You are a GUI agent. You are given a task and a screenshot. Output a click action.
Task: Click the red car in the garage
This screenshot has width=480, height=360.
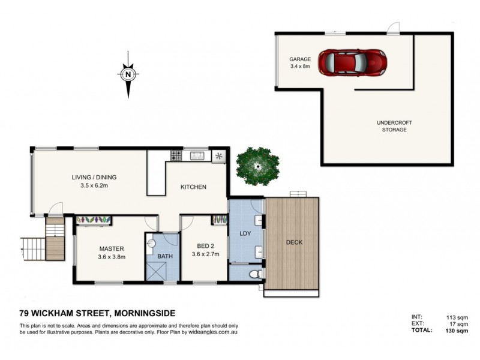click(352, 61)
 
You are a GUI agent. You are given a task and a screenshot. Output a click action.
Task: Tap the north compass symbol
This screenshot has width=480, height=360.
click(128, 75)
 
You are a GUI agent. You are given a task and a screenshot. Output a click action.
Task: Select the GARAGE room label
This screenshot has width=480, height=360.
click(300, 59)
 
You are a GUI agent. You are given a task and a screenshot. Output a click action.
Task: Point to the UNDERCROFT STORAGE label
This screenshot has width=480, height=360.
click(394, 126)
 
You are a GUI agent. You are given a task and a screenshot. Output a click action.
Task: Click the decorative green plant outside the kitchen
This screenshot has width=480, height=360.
click(257, 165)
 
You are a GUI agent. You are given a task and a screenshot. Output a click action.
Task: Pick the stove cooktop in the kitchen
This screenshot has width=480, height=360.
click(176, 156)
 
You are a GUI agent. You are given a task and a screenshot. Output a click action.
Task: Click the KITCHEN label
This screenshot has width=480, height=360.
click(193, 187)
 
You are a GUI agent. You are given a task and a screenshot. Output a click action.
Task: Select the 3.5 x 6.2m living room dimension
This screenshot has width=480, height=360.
click(94, 186)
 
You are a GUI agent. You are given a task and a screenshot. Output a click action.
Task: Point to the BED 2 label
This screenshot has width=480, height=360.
click(203, 245)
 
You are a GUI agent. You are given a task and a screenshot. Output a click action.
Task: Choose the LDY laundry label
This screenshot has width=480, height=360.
click(244, 233)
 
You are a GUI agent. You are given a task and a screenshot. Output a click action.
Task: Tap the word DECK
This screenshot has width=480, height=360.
click(294, 242)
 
